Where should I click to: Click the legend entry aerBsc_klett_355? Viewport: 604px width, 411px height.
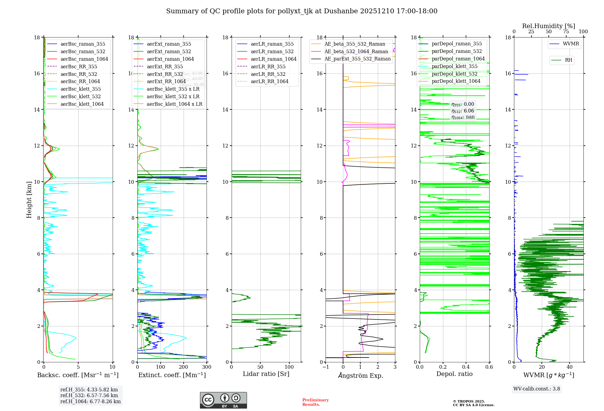pos(81,89)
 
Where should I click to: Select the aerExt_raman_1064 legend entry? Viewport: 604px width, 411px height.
pos(170,59)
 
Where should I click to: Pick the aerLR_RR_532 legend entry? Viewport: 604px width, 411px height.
pos(268,74)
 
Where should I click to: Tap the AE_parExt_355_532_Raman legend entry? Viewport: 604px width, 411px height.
pos(358,59)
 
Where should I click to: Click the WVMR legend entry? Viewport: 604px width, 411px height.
pos(571,44)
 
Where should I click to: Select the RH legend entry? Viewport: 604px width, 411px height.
pos(568,60)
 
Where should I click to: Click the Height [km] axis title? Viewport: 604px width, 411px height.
pos(29,199)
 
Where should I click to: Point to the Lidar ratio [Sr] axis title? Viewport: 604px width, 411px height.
pos(266,374)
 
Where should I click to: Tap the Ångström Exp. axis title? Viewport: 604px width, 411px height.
pos(361,375)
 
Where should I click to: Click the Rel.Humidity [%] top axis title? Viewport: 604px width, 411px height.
pos(549,26)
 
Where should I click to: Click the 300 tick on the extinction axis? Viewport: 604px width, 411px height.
pos(207,367)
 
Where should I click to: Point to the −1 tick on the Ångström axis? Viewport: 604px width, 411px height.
pos(326,367)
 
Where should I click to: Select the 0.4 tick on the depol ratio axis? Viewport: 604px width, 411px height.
pos(466,367)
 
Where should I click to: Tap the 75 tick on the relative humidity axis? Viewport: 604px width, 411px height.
pos(566,32)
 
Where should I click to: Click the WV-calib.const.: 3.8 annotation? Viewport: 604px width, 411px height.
pos(537,389)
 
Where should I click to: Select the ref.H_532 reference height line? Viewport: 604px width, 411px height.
pos(89,395)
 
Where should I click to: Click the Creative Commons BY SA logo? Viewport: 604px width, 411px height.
pos(223,400)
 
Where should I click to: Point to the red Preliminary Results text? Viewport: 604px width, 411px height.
pos(315,402)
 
